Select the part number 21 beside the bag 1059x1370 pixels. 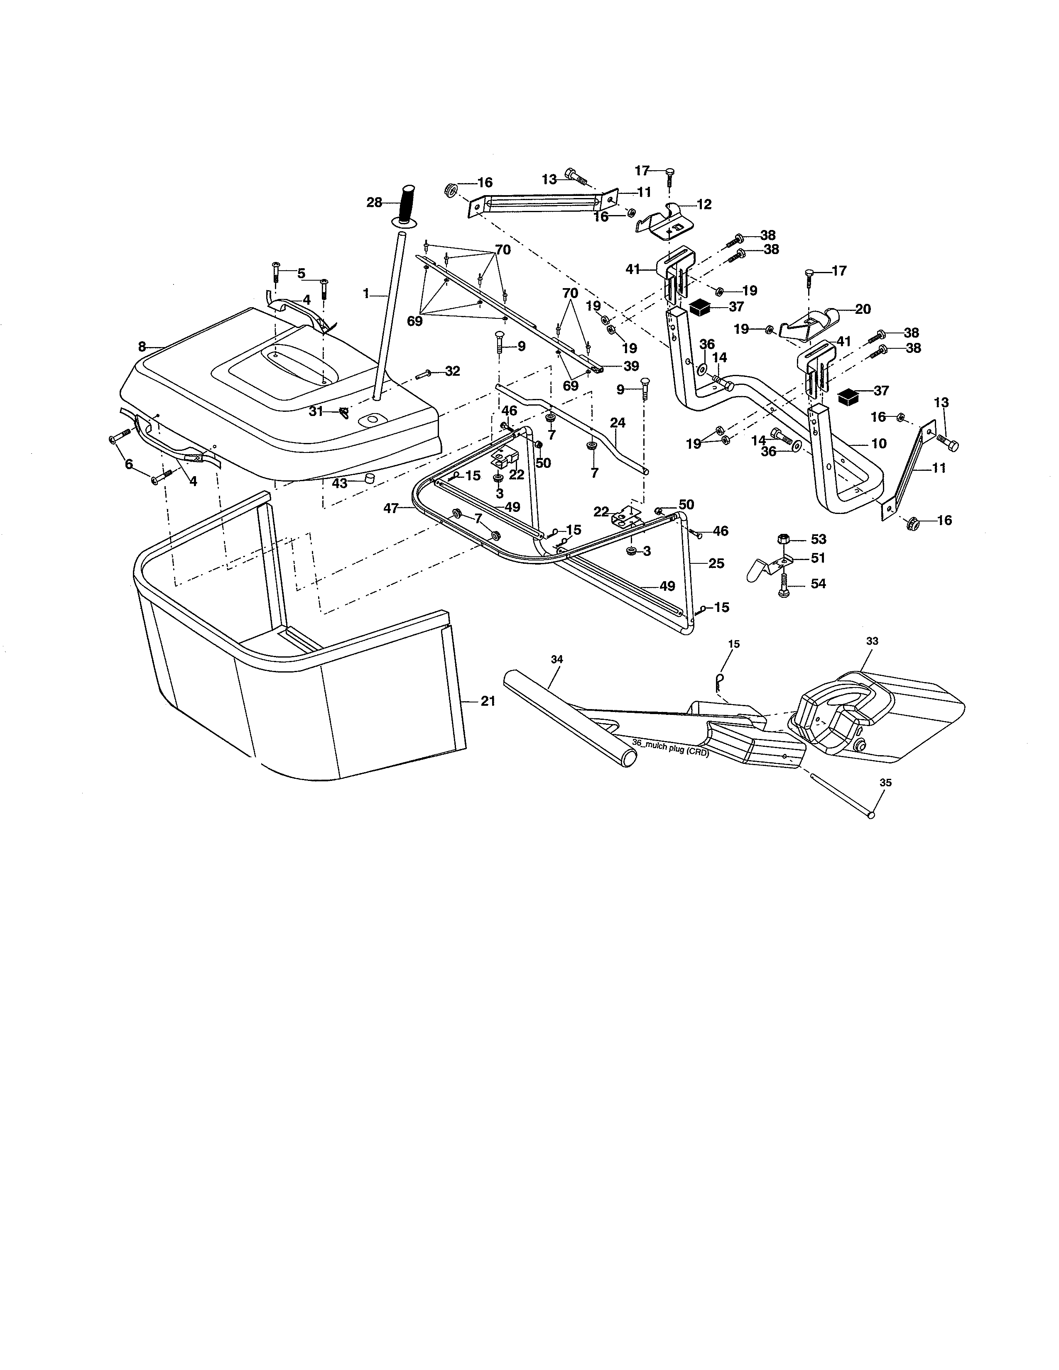[488, 701]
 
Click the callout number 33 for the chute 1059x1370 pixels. [872, 641]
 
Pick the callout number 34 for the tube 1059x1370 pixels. [556, 659]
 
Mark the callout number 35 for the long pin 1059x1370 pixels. [886, 783]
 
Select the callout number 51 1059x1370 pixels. [818, 558]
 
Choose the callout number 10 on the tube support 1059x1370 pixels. [878, 443]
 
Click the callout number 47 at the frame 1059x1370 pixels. [391, 509]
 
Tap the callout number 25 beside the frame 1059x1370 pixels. [716, 563]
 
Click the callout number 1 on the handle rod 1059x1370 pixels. [366, 293]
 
